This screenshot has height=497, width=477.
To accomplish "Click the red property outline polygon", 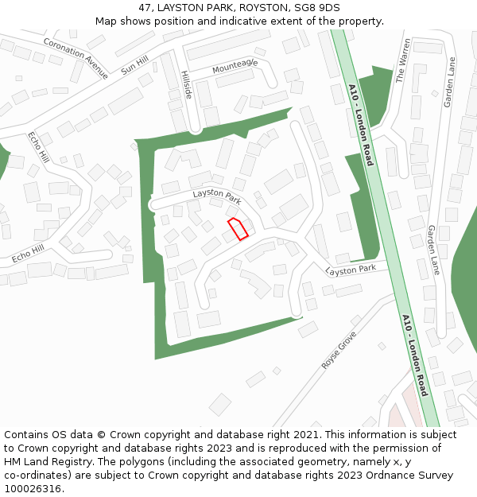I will [238, 228].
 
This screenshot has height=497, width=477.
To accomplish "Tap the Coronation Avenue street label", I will [76, 58].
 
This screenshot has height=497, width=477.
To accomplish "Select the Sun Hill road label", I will [135, 64].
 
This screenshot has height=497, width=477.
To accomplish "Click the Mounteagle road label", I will [235, 67].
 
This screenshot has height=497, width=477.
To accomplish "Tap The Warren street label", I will [403, 60].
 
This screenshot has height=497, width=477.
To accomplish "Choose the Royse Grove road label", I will [339, 350].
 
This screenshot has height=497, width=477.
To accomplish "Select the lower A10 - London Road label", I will [415, 355].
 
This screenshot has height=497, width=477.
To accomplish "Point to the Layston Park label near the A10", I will [351, 270].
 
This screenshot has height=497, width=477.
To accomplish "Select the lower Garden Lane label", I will [434, 250].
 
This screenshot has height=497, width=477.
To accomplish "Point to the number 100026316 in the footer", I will [33, 489].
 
